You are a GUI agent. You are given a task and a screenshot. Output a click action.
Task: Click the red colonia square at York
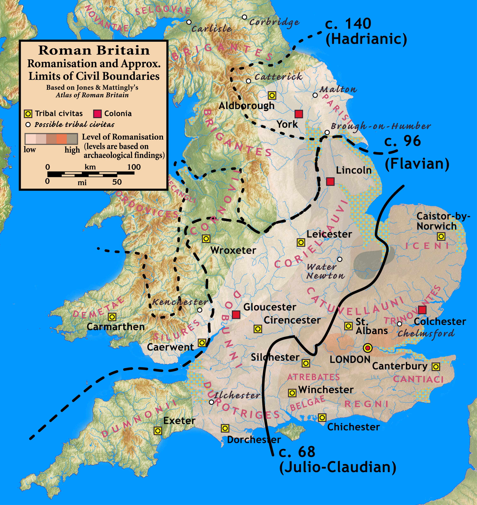299,114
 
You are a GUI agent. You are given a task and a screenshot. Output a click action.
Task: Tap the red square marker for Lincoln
330,182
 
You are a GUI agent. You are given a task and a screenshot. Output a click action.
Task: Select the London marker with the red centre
368,348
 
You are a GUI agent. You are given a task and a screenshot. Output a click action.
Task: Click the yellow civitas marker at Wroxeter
206,239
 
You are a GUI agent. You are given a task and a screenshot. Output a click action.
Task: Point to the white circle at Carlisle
189,22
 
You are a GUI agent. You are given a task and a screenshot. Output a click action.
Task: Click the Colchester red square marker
422,310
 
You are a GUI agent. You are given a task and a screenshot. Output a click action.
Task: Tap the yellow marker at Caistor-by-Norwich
441,236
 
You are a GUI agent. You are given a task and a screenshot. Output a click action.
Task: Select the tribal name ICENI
427,246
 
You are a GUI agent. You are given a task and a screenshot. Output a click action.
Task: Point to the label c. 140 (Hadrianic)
366,31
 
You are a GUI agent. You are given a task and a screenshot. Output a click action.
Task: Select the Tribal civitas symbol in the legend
28,114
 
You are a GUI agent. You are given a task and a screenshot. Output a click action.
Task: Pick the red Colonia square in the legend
97,114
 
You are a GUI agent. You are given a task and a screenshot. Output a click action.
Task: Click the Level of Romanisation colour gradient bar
51,139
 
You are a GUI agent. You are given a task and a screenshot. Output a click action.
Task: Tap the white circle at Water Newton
340,259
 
